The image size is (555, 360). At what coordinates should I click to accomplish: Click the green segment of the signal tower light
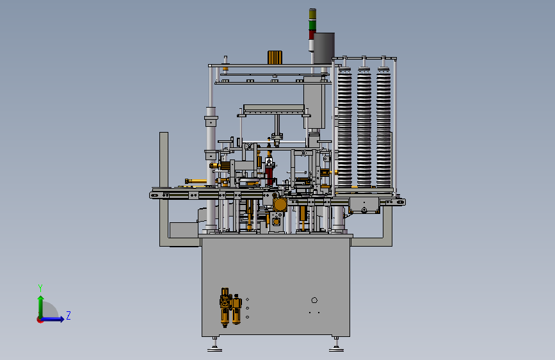coord(312,25)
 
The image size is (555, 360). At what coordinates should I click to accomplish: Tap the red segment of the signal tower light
coord(310,35)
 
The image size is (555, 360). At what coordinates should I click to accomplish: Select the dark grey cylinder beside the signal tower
coord(324,48)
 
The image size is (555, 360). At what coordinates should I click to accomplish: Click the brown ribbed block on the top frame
coord(275,58)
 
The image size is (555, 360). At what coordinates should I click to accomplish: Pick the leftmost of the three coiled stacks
coord(344,127)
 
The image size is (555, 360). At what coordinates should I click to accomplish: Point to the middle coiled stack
coord(364,127)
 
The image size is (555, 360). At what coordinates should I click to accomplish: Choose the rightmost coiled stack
coord(383,127)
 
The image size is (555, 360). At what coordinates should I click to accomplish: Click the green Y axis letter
coord(40,288)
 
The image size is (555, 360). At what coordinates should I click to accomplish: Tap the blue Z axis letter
coord(68,315)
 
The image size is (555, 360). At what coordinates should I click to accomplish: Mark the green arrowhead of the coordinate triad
coord(41,299)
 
